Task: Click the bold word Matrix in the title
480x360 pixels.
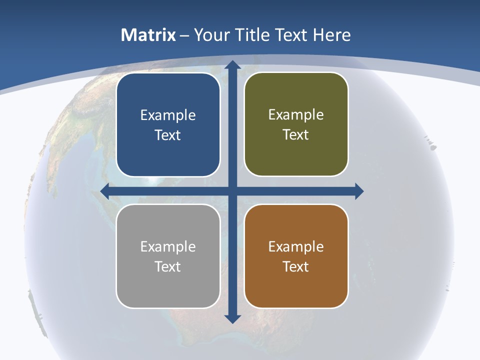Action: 148,35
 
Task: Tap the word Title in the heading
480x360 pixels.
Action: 254,35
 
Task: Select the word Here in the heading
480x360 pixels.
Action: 332,35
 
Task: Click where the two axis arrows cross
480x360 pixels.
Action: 232,191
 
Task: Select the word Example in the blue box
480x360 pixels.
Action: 168,115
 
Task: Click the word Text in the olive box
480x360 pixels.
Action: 296,135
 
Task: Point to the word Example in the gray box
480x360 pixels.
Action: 168,246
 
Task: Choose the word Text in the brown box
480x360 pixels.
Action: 296,266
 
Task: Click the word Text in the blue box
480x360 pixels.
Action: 168,135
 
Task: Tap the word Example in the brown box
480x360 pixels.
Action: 296,246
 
